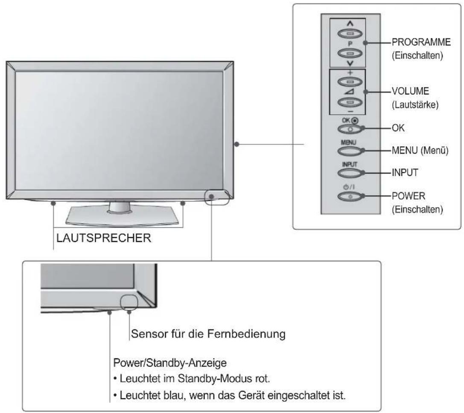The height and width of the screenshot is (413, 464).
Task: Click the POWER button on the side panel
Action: tap(350, 196)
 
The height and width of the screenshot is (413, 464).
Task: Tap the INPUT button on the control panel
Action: tap(350, 173)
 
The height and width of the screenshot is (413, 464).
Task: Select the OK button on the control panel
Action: tap(350, 129)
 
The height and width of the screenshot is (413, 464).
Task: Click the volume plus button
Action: tap(350, 81)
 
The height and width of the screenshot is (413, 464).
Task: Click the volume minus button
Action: tap(350, 103)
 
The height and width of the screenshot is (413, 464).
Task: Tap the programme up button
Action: tap(350, 33)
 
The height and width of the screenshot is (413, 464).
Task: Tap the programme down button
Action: tap(350, 54)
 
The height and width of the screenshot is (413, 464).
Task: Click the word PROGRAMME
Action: tap(421, 42)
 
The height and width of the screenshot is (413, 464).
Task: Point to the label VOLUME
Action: tap(410, 91)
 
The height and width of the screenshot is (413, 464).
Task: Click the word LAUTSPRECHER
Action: tap(104, 238)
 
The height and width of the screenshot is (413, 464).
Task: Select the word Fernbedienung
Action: tap(246, 334)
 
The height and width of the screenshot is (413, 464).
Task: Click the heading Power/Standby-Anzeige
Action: tap(170, 363)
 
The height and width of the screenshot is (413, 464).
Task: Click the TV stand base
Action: tap(122, 217)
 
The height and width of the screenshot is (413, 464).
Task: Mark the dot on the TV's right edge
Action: tap(237, 144)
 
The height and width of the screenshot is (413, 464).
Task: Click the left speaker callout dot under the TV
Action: tap(53, 203)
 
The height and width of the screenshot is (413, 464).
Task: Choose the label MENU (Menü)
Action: tap(420, 151)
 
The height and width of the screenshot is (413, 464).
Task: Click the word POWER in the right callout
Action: tap(409, 196)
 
